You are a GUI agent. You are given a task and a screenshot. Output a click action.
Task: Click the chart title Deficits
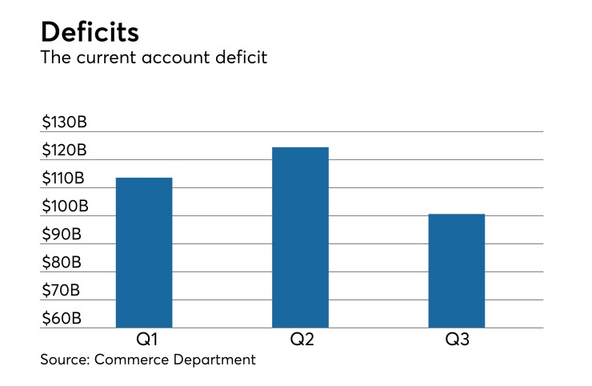coord(90,32)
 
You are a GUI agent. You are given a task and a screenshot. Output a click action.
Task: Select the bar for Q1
coord(144,252)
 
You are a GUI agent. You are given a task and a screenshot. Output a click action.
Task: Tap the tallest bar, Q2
coord(300,237)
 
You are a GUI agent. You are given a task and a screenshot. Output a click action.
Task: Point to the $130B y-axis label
coord(65,123)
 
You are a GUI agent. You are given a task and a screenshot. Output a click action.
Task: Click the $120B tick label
coord(65,151)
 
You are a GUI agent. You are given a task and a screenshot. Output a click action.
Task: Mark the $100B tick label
coord(65,207)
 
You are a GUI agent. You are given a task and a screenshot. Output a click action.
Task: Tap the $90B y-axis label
coord(61,235)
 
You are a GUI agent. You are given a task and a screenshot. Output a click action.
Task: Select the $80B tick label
coord(61,262)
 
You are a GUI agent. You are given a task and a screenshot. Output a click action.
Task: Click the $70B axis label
coord(61,290)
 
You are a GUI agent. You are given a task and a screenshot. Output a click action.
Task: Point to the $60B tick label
coord(61,318)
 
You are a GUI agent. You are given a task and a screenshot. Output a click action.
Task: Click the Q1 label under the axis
coord(144,339)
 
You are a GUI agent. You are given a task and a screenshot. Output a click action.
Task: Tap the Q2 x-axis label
coord(300,339)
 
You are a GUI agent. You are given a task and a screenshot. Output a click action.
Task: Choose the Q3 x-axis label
coord(457,339)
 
